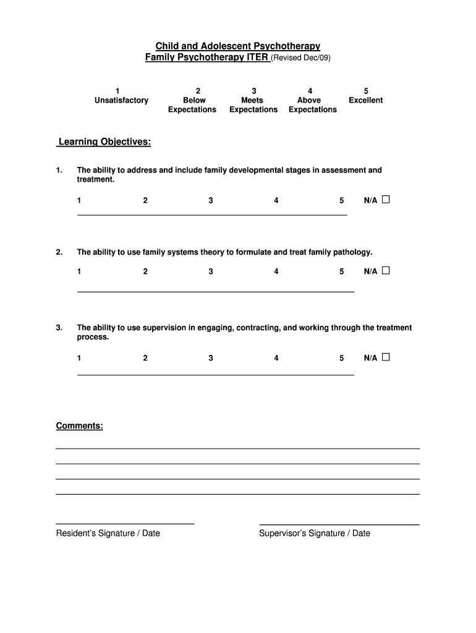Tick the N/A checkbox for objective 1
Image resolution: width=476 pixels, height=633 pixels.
point(386,200)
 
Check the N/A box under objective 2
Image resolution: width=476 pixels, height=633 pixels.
point(386,271)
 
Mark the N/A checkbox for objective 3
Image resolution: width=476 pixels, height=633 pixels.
point(386,357)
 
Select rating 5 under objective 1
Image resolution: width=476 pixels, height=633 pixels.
point(341,200)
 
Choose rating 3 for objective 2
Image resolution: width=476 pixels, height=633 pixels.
point(211,271)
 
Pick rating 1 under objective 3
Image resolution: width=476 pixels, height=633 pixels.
point(79,358)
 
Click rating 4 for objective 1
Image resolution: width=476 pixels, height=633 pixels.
point(276,200)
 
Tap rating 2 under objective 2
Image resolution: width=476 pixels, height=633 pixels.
point(145,271)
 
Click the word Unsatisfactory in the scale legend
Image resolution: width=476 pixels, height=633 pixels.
point(121,100)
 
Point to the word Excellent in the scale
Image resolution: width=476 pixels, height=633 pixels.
point(365,100)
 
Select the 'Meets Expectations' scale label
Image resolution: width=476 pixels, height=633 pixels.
point(253,104)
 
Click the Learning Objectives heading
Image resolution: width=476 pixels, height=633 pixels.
point(104,142)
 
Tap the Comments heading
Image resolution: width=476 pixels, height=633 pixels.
point(79,426)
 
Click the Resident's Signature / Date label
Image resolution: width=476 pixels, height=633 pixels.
point(108,533)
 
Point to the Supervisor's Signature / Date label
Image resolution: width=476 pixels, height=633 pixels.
point(315,533)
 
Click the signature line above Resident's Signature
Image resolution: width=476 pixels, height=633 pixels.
point(125,524)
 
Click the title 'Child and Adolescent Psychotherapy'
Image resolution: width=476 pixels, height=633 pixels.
point(237,46)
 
